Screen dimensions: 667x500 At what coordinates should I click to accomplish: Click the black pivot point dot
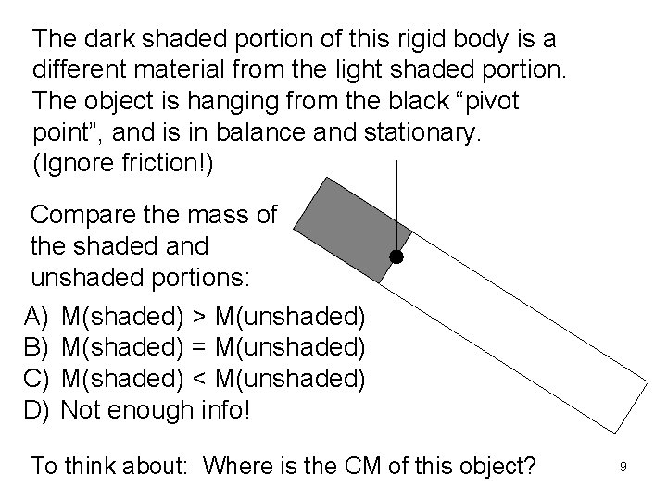coord(396,256)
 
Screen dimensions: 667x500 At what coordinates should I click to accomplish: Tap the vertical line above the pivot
coord(396,204)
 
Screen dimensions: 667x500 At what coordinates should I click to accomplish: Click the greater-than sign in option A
coord(200,319)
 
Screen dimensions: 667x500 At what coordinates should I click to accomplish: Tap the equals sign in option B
coord(200,349)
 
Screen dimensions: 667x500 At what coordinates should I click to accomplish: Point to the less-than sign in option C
coord(200,380)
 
